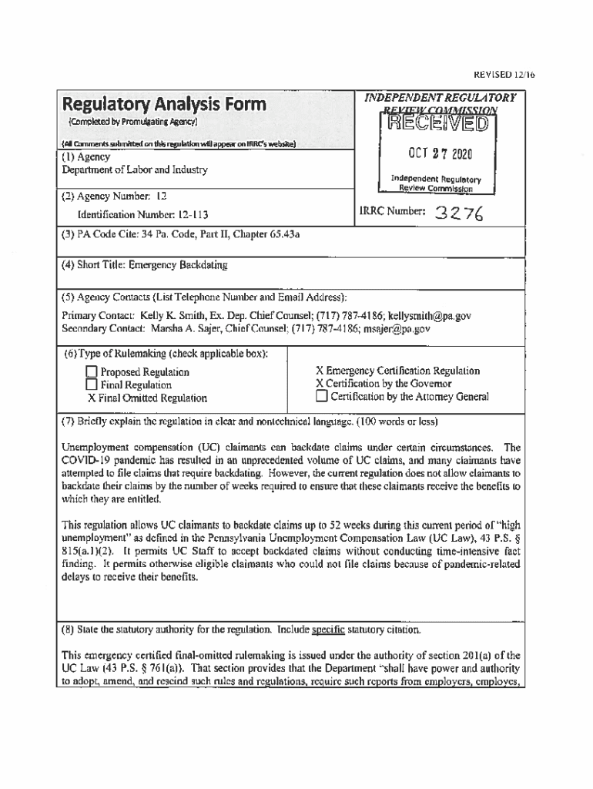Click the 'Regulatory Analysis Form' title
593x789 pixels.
[164, 104]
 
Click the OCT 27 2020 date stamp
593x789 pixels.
[437, 154]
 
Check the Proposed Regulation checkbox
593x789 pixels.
[92, 372]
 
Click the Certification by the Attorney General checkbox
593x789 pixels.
[322, 397]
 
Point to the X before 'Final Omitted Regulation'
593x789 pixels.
[91, 398]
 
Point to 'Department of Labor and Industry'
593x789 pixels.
[134, 170]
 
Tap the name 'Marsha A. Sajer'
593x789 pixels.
[175, 329]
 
